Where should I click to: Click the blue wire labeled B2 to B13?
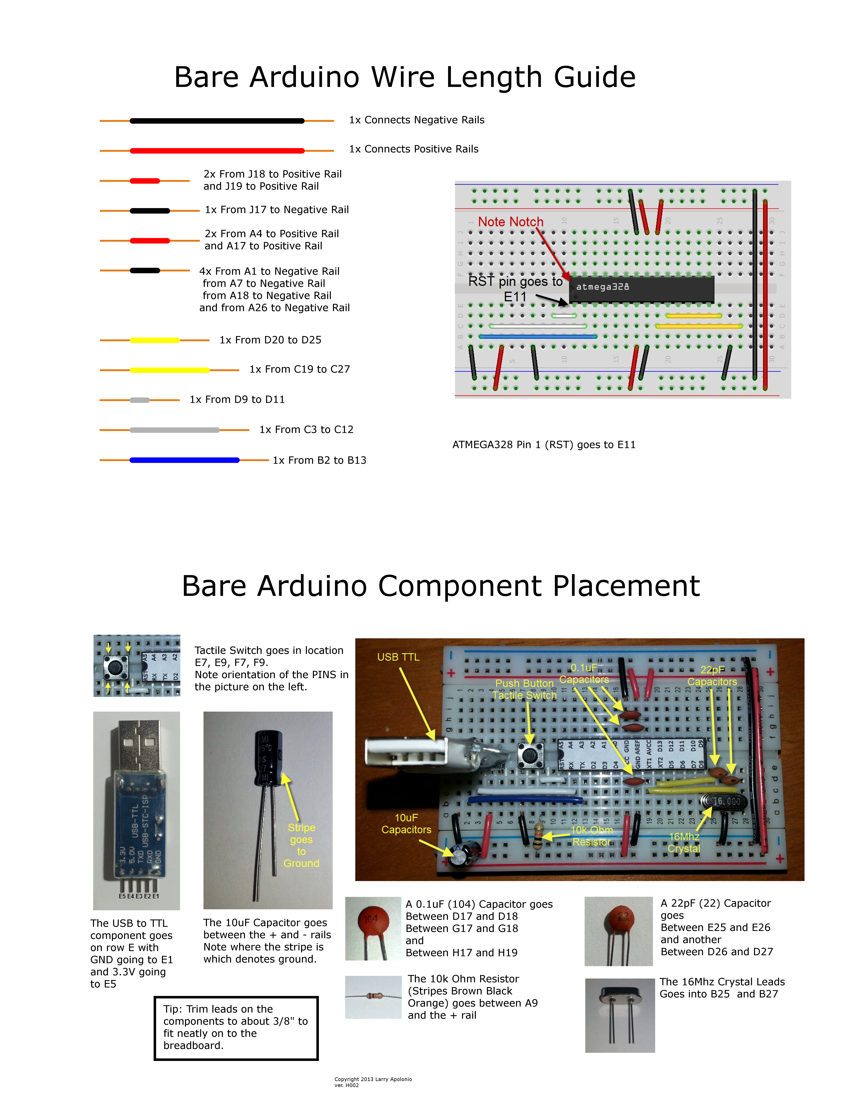pyautogui.click(x=184, y=460)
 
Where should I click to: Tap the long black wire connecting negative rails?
pyautogui.click(x=217, y=121)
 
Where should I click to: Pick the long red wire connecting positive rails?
pyautogui.click(x=217, y=151)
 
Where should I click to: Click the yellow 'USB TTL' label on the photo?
pyautogui.click(x=398, y=657)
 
